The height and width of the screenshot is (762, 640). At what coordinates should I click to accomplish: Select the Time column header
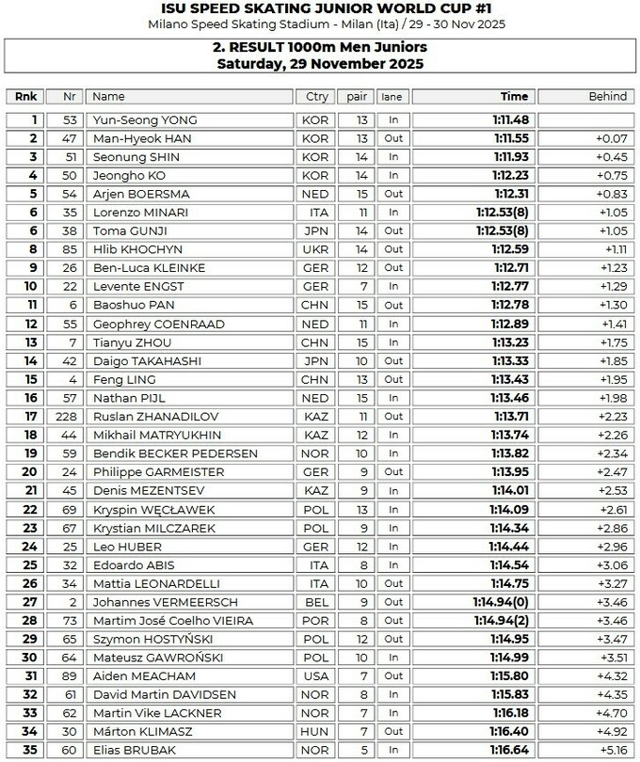point(514,96)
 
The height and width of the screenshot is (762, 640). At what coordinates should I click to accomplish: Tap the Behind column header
point(607,96)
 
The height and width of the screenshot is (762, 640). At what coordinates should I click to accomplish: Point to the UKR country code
point(314,249)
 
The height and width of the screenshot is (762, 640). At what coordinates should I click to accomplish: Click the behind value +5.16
point(611,751)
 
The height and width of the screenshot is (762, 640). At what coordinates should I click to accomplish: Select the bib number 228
point(69,417)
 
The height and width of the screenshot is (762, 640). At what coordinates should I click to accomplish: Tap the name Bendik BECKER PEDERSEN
point(175,453)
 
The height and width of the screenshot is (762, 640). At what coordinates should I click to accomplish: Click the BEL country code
point(314,602)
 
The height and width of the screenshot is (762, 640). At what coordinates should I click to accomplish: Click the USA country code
point(314,676)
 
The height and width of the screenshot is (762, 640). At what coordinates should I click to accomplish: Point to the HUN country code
point(314,732)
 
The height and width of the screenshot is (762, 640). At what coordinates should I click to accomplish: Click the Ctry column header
point(314,96)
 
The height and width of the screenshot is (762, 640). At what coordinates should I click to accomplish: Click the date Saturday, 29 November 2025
point(319,64)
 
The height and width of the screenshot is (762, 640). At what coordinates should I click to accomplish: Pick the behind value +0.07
point(611,138)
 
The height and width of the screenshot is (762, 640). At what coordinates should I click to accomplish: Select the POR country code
point(314,621)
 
